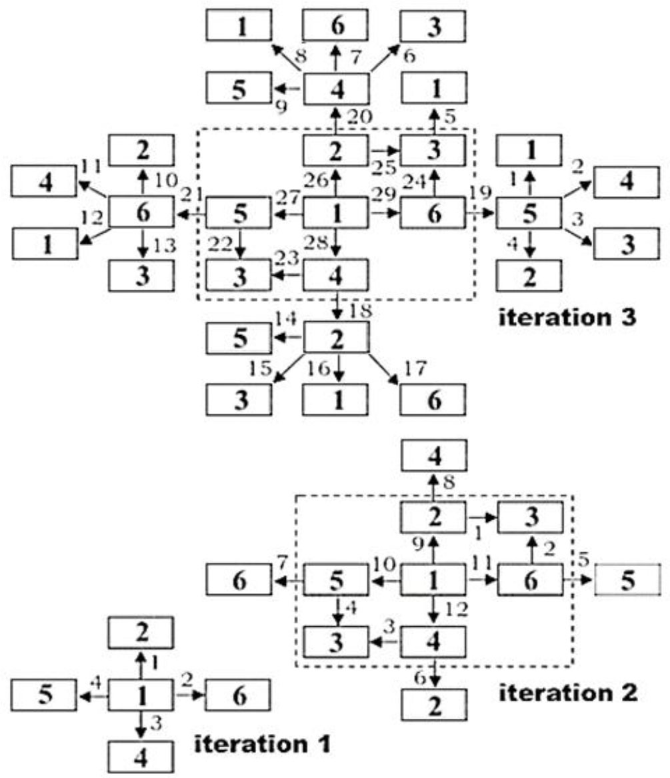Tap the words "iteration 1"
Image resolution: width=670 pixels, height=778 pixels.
point(261,743)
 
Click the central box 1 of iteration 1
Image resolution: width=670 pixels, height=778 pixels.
point(141,697)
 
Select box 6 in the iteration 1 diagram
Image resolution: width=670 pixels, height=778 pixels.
point(238,697)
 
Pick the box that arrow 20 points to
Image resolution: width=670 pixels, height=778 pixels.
point(336,89)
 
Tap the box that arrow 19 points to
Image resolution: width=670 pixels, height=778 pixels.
point(529,213)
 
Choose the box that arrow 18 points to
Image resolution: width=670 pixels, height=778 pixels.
point(336,337)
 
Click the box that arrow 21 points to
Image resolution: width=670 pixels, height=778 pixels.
point(141,213)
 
